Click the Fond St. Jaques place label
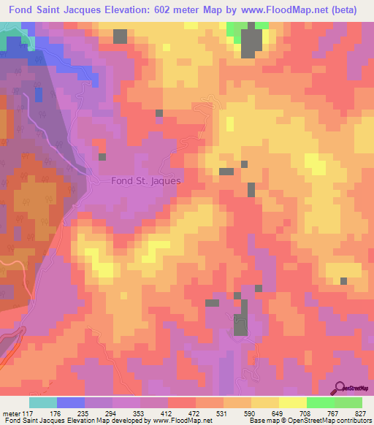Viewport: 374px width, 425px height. [x=145, y=180]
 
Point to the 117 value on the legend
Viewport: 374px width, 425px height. [x=28, y=413]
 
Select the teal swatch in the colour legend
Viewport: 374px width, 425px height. [x=43, y=402]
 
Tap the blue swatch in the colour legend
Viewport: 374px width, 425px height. [x=71, y=402]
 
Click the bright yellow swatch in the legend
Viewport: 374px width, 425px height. [x=293, y=402]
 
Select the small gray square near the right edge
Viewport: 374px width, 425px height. [x=343, y=280]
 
